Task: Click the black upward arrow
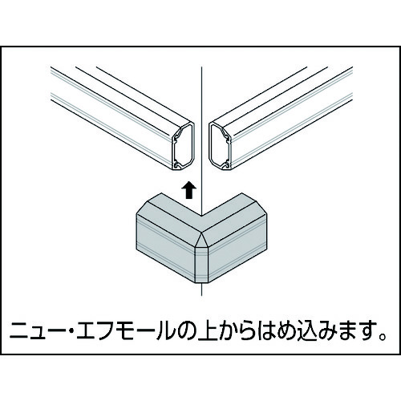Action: click(189, 190)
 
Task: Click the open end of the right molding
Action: click(221, 146)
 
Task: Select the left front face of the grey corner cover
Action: click(166, 247)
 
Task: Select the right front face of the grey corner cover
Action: click(237, 247)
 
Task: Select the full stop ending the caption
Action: click(383, 336)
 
